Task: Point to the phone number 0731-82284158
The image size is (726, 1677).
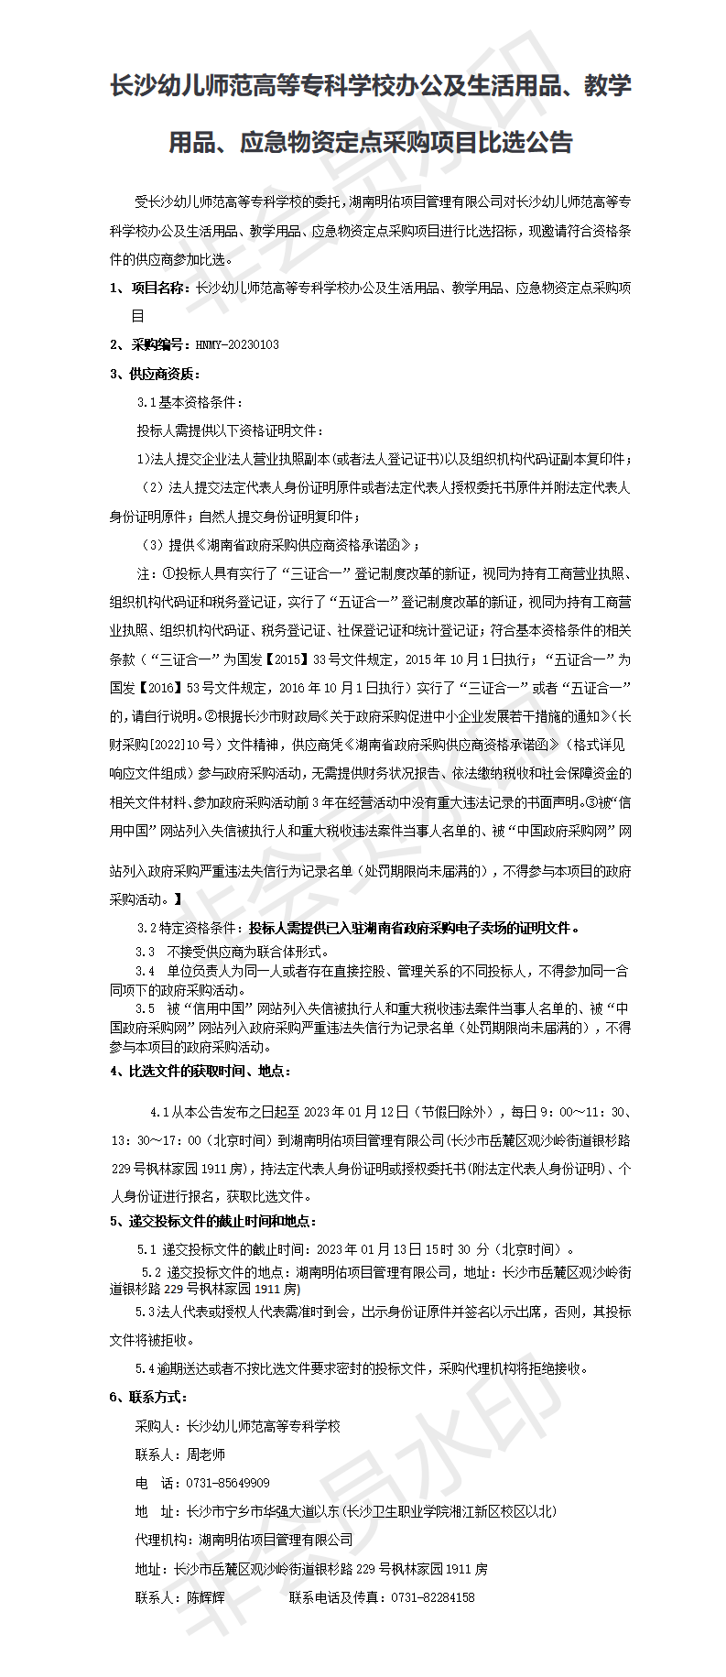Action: [x=432, y=1596]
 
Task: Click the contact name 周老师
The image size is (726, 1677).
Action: [x=205, y=1454]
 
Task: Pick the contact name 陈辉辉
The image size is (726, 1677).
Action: [x=205, y=1596]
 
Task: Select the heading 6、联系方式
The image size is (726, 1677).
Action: [x=147, y=1397]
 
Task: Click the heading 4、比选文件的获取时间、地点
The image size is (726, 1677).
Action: [x=200, y=1071]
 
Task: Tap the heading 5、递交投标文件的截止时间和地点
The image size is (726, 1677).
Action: [x=212, y=1221]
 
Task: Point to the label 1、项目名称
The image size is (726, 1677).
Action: [x=149, y=288]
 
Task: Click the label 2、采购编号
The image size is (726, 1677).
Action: [x=149, y=344]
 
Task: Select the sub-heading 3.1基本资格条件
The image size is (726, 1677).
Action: [x=190, y=402]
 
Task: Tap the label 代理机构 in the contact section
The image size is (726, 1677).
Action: [x=164, y=1540]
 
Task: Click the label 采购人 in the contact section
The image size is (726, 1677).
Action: [x=156, y=1426]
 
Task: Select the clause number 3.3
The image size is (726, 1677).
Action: [x=145, y=952]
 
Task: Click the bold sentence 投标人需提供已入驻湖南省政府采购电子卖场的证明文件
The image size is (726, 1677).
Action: [x=414, y=928]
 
